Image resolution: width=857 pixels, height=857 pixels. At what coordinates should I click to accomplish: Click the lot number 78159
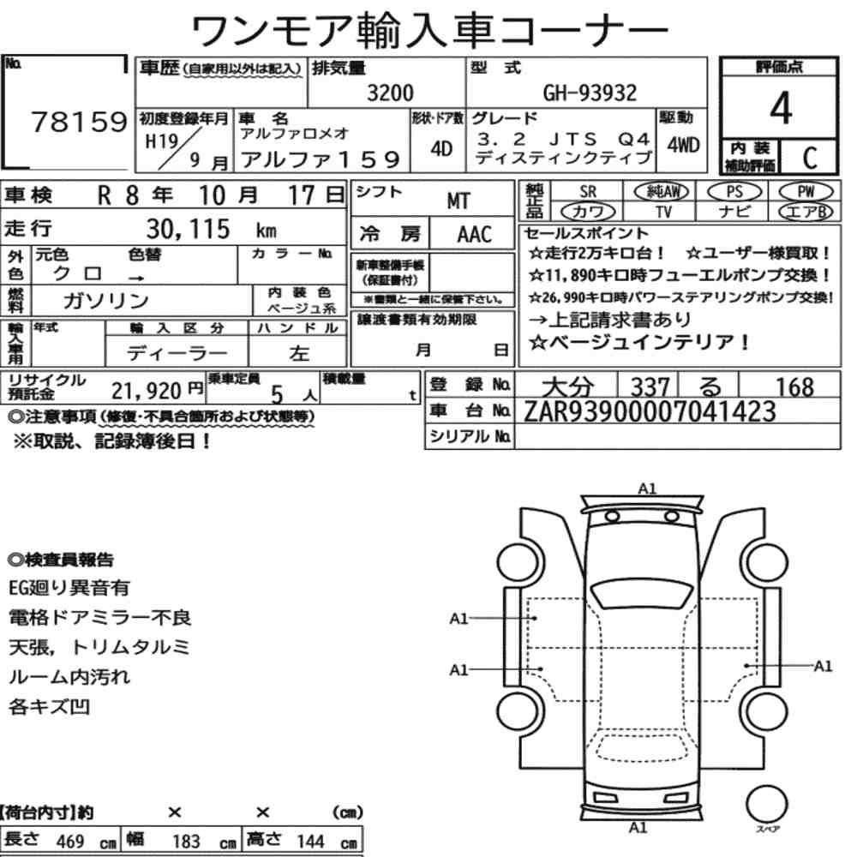(79, 122)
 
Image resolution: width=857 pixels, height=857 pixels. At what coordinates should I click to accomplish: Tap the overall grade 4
(781, 108)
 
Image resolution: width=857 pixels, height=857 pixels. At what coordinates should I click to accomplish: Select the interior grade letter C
(810, 158)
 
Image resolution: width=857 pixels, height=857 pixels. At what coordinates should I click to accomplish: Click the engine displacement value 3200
(390, 93)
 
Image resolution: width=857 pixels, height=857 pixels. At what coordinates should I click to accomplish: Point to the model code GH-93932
(590, 93)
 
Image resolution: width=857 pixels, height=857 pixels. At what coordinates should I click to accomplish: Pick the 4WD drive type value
(683, 145)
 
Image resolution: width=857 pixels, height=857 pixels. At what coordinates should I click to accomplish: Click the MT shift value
(458, 201)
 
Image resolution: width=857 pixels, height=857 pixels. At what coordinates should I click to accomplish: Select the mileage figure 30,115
(188, 229)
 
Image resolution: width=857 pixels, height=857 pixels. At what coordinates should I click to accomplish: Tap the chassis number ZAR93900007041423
(650, 411)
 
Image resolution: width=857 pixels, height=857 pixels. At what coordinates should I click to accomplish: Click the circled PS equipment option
(734, 192)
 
